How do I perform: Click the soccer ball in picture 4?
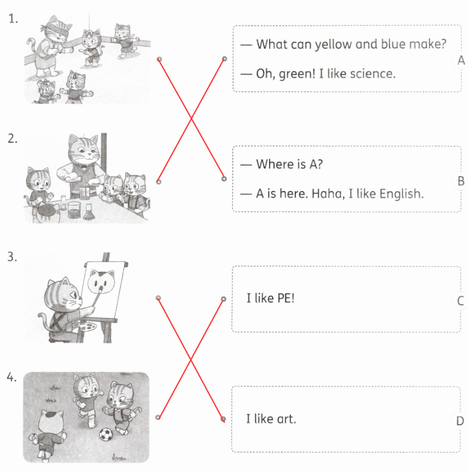(106, 434)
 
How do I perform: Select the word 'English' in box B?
(402, 194)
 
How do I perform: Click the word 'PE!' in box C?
(286, 298)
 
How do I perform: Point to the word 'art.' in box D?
(287, 419)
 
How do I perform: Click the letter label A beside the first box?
(460, 60)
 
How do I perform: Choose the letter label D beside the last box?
(460, 421)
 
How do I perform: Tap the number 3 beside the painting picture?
(12, 257)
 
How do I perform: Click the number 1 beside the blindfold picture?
(13, 19)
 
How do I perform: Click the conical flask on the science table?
(88, 212)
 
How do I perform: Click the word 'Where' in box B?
(275, 164)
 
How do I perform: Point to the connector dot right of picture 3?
(158, 298)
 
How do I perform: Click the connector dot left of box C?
(223, 299)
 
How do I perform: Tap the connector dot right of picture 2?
(159, 182)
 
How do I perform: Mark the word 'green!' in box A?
(297, 75)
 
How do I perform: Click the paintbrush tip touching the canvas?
(101, 289)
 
